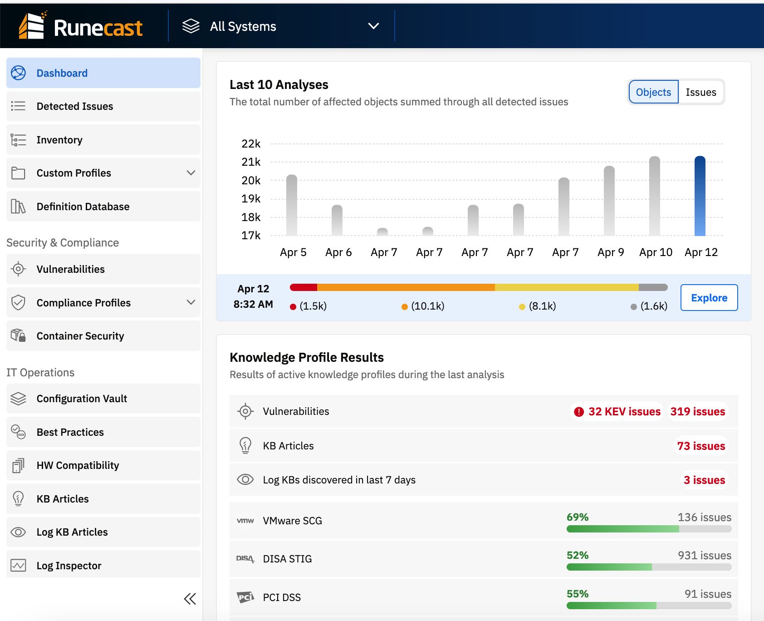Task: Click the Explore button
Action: point(709,298)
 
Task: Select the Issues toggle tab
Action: point(700,92)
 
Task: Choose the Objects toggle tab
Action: point(653,92)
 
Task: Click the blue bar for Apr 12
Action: point(700,196)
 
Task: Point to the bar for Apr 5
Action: point(292,205)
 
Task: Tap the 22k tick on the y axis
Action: point(251,144)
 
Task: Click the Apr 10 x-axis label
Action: point(656,252)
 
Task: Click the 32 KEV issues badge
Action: point(617,412)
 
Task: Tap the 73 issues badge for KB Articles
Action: point(701,446)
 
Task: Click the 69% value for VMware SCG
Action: point(577,517)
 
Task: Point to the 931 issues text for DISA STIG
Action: point(704,556)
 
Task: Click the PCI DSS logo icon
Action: point(245,597)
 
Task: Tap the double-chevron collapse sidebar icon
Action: point(190,599)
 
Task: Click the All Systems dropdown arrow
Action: point(373,26)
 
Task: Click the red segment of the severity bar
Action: point(304,287)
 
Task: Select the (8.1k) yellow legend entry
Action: point(538,306)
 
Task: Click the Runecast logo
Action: point(81,26)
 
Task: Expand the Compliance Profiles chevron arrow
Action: point(191,302)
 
